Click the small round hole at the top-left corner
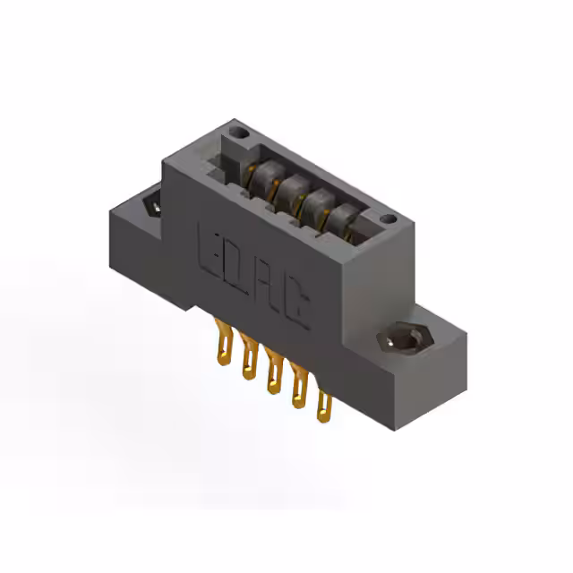(237, 134)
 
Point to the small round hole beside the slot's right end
(387, 219)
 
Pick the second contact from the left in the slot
(288, 190)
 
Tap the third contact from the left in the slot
(315, 205)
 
